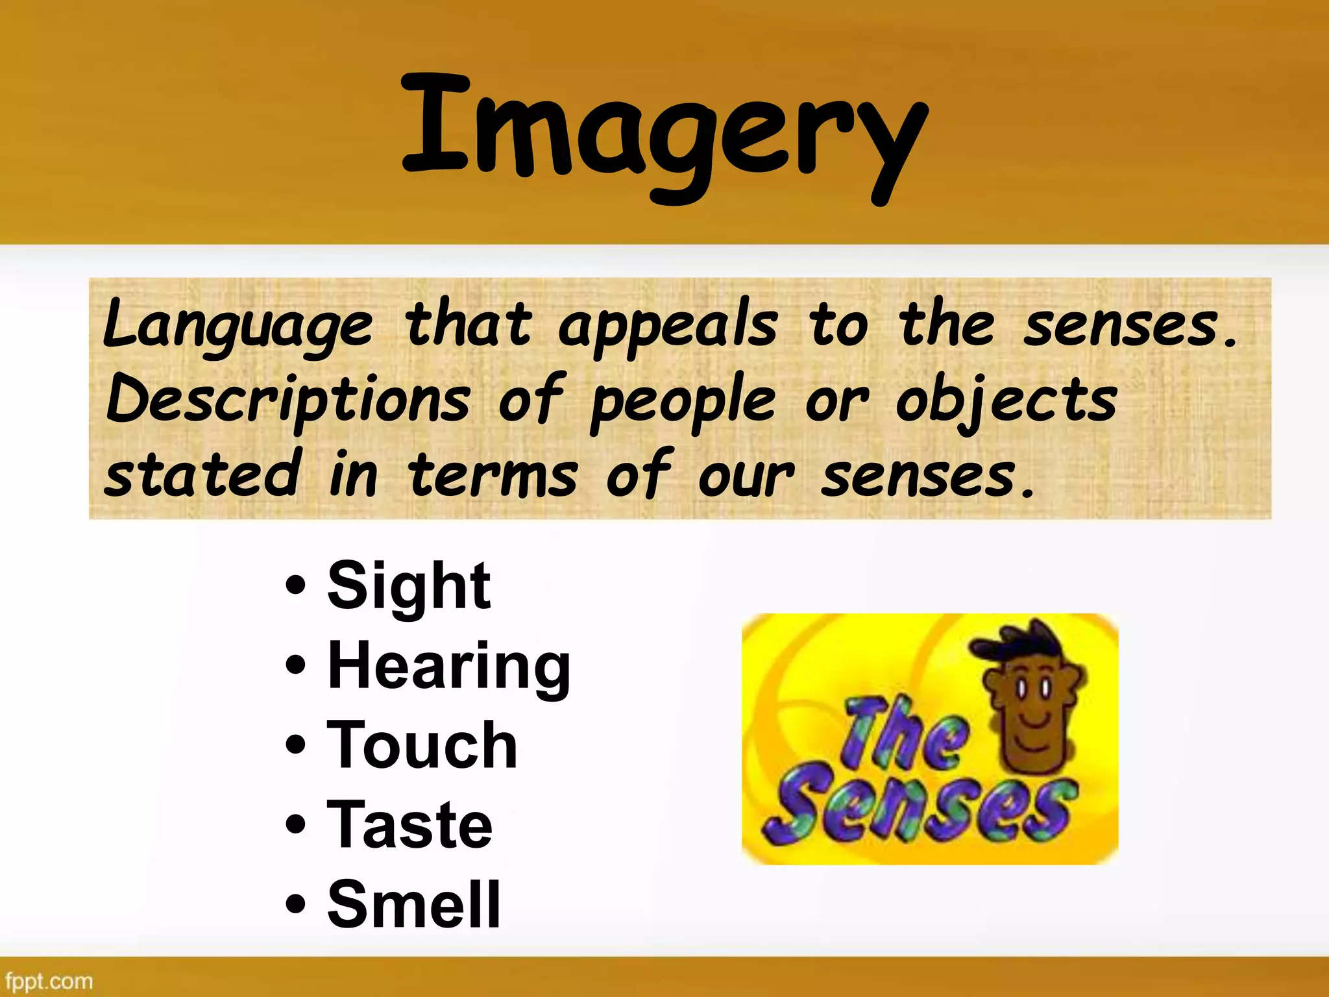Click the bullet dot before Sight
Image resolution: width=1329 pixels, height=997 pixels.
click(x=295, y=585)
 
